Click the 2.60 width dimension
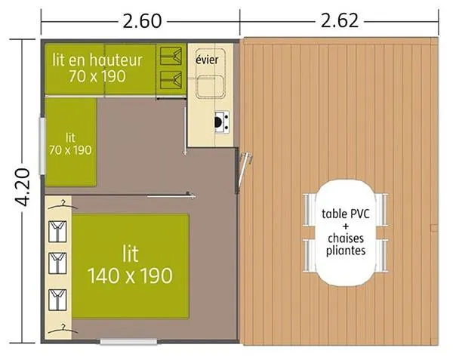[142, 20]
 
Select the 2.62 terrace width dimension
[339, 20]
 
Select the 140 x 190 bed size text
[130, 275]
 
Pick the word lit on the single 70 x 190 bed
[70, 137]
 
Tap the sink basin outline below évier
[208, 87]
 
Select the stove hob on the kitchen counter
[220, 122]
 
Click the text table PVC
[346, 213]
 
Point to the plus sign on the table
[346, 226]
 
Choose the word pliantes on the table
[346, 251]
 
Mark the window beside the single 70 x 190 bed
[42, 143]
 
